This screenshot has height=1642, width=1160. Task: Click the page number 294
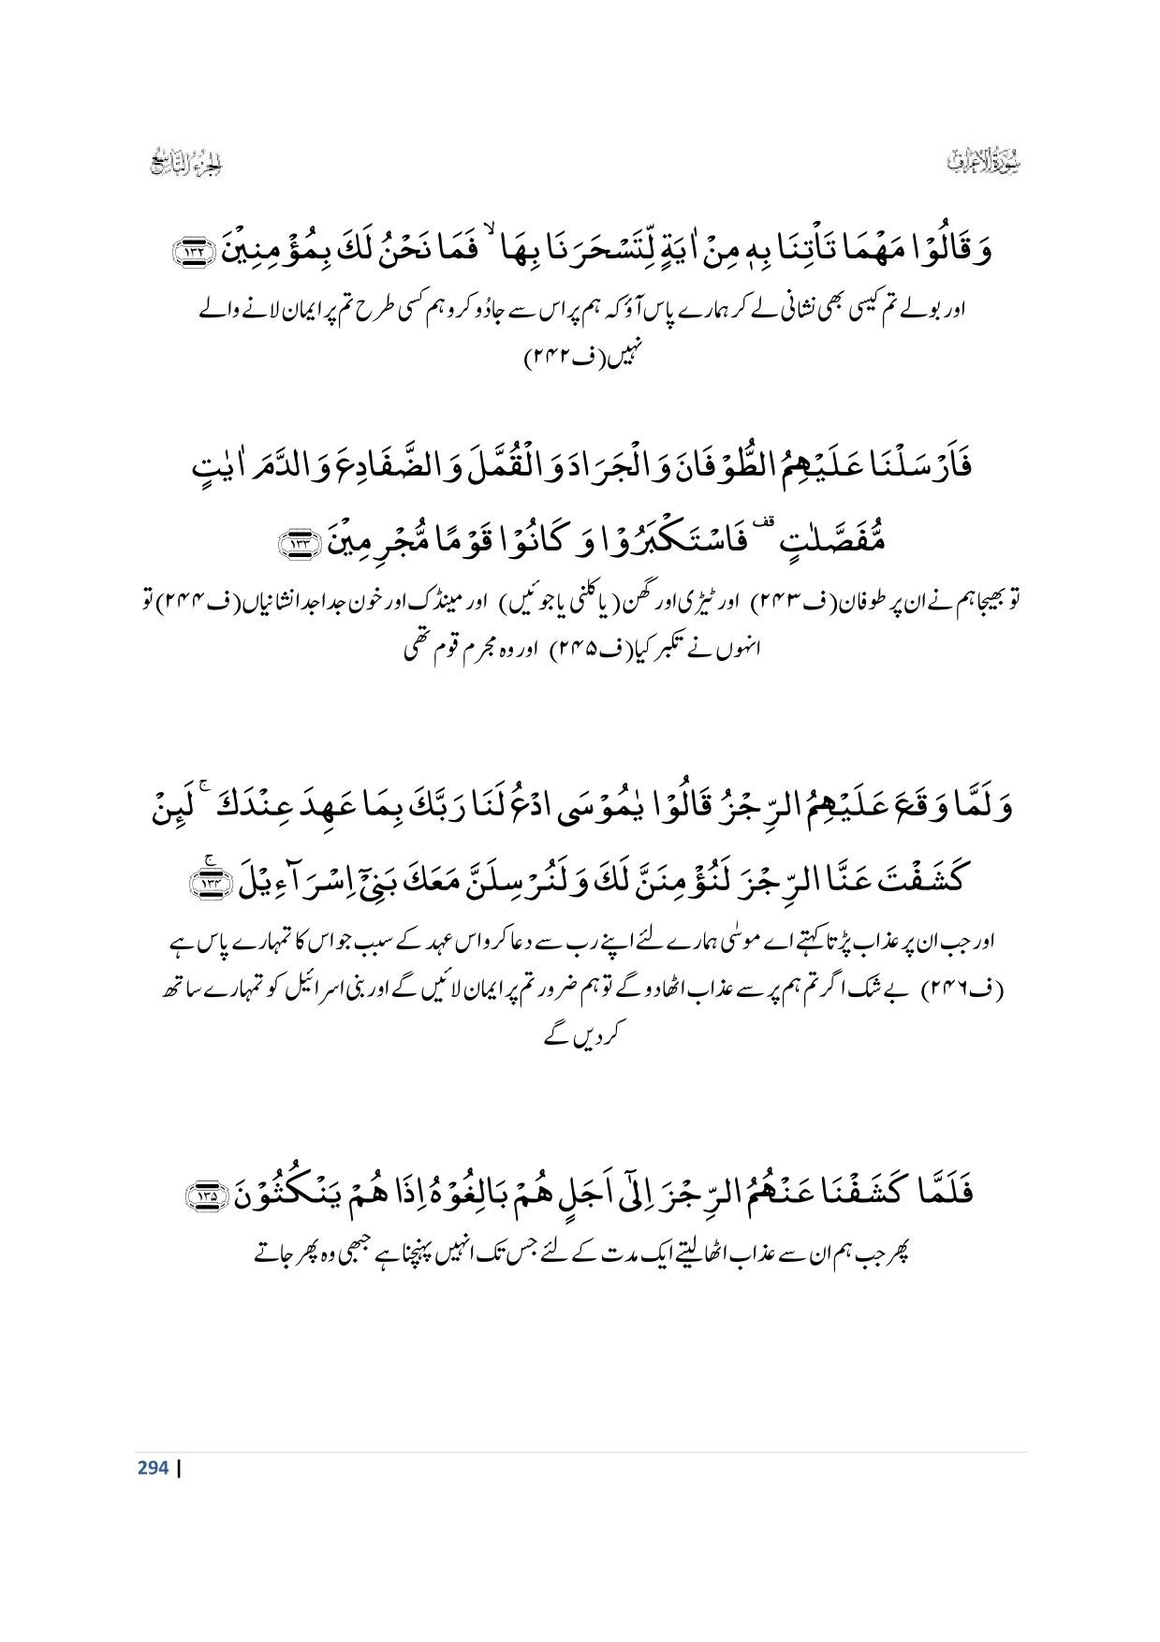pyautogui.click(x=153, y=1467)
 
